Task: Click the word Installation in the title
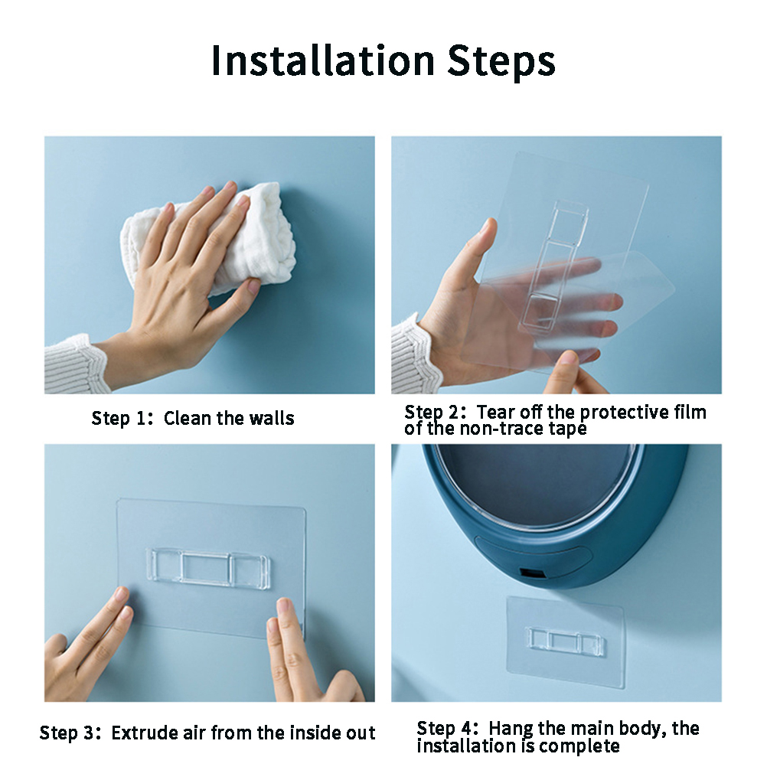[x=323, y=60]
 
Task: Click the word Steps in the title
[x=501, y=63]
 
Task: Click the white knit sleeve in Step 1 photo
[x=76, y=364]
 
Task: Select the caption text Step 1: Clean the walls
[x=193, y=419]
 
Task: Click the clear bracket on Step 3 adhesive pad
[x=208, y=566]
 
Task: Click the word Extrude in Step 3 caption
[x=145, y=733]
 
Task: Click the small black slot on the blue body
[x=528, y=573]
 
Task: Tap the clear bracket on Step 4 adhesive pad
[x=565, y=641]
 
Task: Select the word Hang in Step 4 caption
[x=511, y=729]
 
